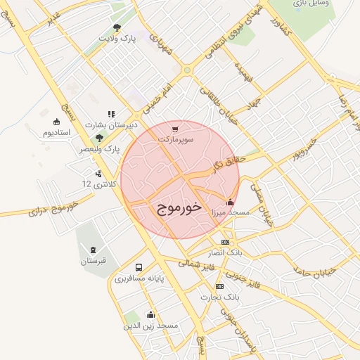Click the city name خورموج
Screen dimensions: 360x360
tap(176, 207)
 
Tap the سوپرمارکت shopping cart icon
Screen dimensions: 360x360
tap(175, 129)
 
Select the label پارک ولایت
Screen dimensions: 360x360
tap(117, 39)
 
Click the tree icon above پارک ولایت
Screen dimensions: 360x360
tap(117, 28)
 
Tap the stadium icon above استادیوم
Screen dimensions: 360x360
tap(57, 121)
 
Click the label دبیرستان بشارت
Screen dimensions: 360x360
tap(109, 124)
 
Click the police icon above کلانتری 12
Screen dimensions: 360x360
tap(98, 173)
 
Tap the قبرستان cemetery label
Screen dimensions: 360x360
tap(92, 262)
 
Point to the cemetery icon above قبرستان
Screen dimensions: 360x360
tap(93, 250)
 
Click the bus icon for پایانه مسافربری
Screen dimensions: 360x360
tap(139, 268)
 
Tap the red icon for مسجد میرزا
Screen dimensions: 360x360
tap(231, 202)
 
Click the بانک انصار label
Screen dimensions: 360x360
tap(226, 252)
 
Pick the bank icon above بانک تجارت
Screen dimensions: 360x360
tap(220, 286)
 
